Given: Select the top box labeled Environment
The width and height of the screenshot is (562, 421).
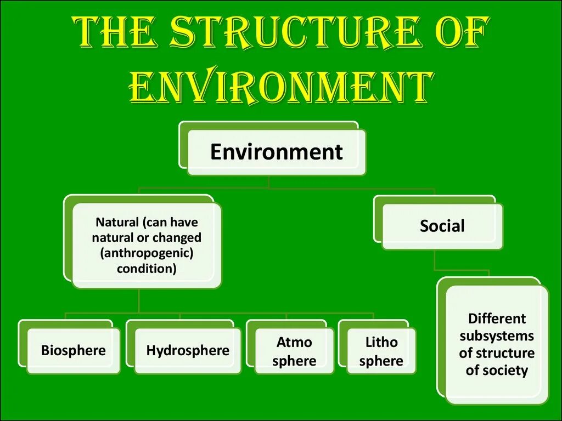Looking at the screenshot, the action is click(276, 152).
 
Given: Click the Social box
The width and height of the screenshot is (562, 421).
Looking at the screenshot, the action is click(442, 226).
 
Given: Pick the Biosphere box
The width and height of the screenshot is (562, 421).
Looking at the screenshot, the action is click(73, 350).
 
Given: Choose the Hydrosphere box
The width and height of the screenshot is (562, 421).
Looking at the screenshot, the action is click(188, 350).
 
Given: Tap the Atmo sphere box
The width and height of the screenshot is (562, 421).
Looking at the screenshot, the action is click(294, 351).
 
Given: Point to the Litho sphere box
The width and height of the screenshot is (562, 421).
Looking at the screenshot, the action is click(381, 351).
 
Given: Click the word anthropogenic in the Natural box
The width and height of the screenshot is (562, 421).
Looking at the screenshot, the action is click(147, 253).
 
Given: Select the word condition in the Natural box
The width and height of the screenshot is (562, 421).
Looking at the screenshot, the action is click(147, 269).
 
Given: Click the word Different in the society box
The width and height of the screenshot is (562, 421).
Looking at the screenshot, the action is click(497, 318).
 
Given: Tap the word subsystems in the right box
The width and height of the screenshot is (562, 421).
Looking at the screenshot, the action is click(497, 335).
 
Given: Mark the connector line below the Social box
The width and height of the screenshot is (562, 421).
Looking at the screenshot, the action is click(435, 260).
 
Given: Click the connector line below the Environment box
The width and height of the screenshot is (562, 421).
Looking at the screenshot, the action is click(269, 182).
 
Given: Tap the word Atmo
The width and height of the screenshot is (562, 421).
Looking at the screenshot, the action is click(294, 343).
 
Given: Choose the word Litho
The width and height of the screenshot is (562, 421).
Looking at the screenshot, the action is click(381, 343).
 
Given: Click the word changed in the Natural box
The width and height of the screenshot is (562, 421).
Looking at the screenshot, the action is click(177, 238).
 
